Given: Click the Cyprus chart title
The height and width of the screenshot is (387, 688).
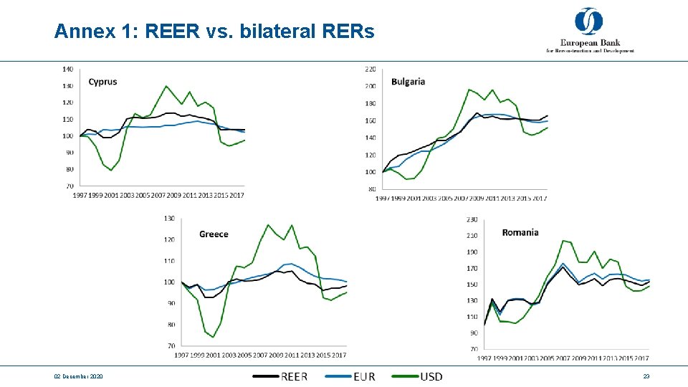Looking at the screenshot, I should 102,82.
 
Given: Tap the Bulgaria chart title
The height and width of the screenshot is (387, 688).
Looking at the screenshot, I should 408,81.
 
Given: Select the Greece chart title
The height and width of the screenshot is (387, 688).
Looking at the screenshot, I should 214,234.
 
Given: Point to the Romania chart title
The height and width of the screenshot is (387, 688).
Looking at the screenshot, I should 520,232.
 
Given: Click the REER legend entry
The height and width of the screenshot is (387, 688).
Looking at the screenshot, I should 280,376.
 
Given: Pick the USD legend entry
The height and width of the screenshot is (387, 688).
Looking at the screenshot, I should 419,376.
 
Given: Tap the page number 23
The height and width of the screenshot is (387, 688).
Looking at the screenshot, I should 646,376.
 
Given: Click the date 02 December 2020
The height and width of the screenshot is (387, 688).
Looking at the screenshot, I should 78,376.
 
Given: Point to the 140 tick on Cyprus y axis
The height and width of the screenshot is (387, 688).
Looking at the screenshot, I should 67,69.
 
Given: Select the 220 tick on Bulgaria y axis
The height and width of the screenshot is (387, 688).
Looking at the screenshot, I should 371,69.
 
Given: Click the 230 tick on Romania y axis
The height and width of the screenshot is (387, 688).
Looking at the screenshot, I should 472,219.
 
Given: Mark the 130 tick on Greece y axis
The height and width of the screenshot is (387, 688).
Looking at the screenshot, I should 169,218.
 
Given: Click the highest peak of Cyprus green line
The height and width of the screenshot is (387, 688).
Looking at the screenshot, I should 166,86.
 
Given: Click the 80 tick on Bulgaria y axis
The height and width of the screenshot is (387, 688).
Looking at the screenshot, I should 371,188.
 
